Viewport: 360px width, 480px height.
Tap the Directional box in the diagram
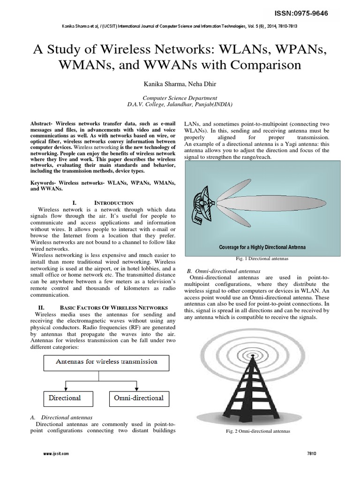point(65,398)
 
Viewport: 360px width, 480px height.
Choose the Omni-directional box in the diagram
point(138,398)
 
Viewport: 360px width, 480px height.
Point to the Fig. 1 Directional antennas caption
point(262,258)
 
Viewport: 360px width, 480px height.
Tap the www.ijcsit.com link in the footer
point(56,454)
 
